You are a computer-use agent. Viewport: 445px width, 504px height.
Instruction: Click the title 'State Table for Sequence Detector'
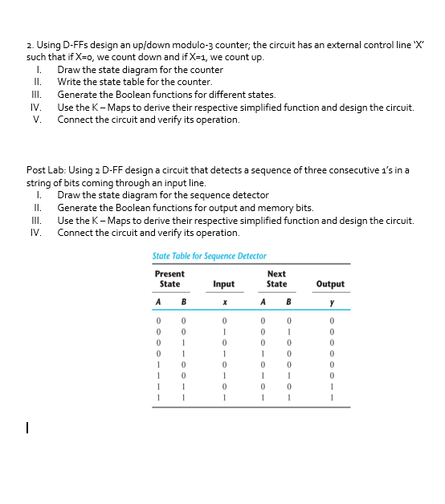click(x=209, y=256)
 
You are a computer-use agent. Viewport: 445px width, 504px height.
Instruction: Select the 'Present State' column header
click(x=169, y=278)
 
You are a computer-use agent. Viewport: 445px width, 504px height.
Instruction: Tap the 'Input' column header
click(x=223, y=284)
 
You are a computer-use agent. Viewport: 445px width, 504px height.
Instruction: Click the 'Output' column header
click(x=330, y=284)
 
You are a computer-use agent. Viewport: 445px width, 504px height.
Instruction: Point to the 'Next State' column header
click(x=276, y=278)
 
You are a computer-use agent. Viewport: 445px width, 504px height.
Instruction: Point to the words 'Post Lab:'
click(x=47, y=170)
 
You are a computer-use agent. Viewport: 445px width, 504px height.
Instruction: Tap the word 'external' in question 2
click(x=333, y=45)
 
